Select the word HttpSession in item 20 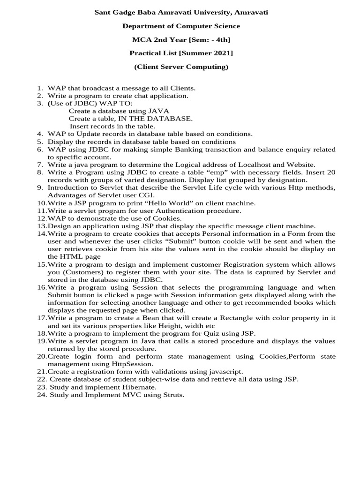click(113, 364)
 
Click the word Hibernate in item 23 click(135, 387)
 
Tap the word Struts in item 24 click(172, 395)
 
